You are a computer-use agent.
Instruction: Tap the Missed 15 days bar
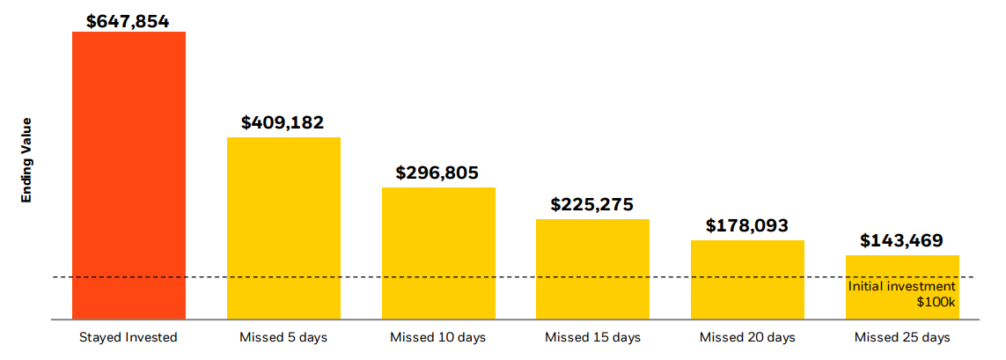pyautogui.click(x=592, y=268)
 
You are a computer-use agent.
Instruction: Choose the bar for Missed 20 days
pyautogui.click(x=747, y=279)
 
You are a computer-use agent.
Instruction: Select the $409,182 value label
pyautogui.click(x=283, y=122)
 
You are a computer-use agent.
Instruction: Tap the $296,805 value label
pyautogui.click(x=437, y=173)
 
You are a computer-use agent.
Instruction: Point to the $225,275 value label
pyautogui.click(x=592, y=204)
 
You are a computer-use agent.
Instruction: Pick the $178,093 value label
pyautogui.click(x=747, y=225)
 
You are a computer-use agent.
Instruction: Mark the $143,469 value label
pyautogui.click(x=902, y=240)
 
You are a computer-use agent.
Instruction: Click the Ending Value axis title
pyautogui.click(x=26, y=160)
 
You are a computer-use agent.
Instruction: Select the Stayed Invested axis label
pyautogui.click(x=129, y=337)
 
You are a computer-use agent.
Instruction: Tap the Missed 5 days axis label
pyautogui.click(x=283, y=337)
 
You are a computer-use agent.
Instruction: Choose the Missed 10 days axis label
pyautogui.click(x=438, y=337)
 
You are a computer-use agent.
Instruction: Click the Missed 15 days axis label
pyautogui.click(x=592, y=337)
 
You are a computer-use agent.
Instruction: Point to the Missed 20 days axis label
pyautogui.click(x=747, y=337)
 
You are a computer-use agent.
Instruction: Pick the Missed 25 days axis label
pyautogui.click(x=902, y=337)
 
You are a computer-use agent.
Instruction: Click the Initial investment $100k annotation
pyautogui.click(x=902, y=294)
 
